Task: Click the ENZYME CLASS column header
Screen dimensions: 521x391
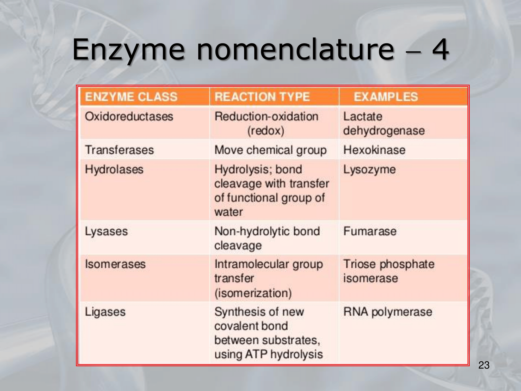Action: click(131, 97)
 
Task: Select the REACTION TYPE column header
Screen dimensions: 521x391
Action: click(262, 97)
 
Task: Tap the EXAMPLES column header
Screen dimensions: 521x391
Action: click(386, 97)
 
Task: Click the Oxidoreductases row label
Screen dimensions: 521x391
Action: click(129, 116)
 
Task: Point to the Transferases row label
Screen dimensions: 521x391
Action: click(119, 150)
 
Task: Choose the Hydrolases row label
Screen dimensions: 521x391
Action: click(114, 169)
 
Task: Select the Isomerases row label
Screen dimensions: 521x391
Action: click(115, 264)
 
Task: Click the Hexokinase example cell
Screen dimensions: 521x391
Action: click(374, 150)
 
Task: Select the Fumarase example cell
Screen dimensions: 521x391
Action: click(370, 231)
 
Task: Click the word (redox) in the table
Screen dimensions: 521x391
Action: click(266, 131)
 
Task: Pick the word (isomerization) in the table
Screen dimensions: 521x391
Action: click(253, 293)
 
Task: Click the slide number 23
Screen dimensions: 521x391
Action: click(484, 365)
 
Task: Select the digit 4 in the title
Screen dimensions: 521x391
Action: click(440, 49)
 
